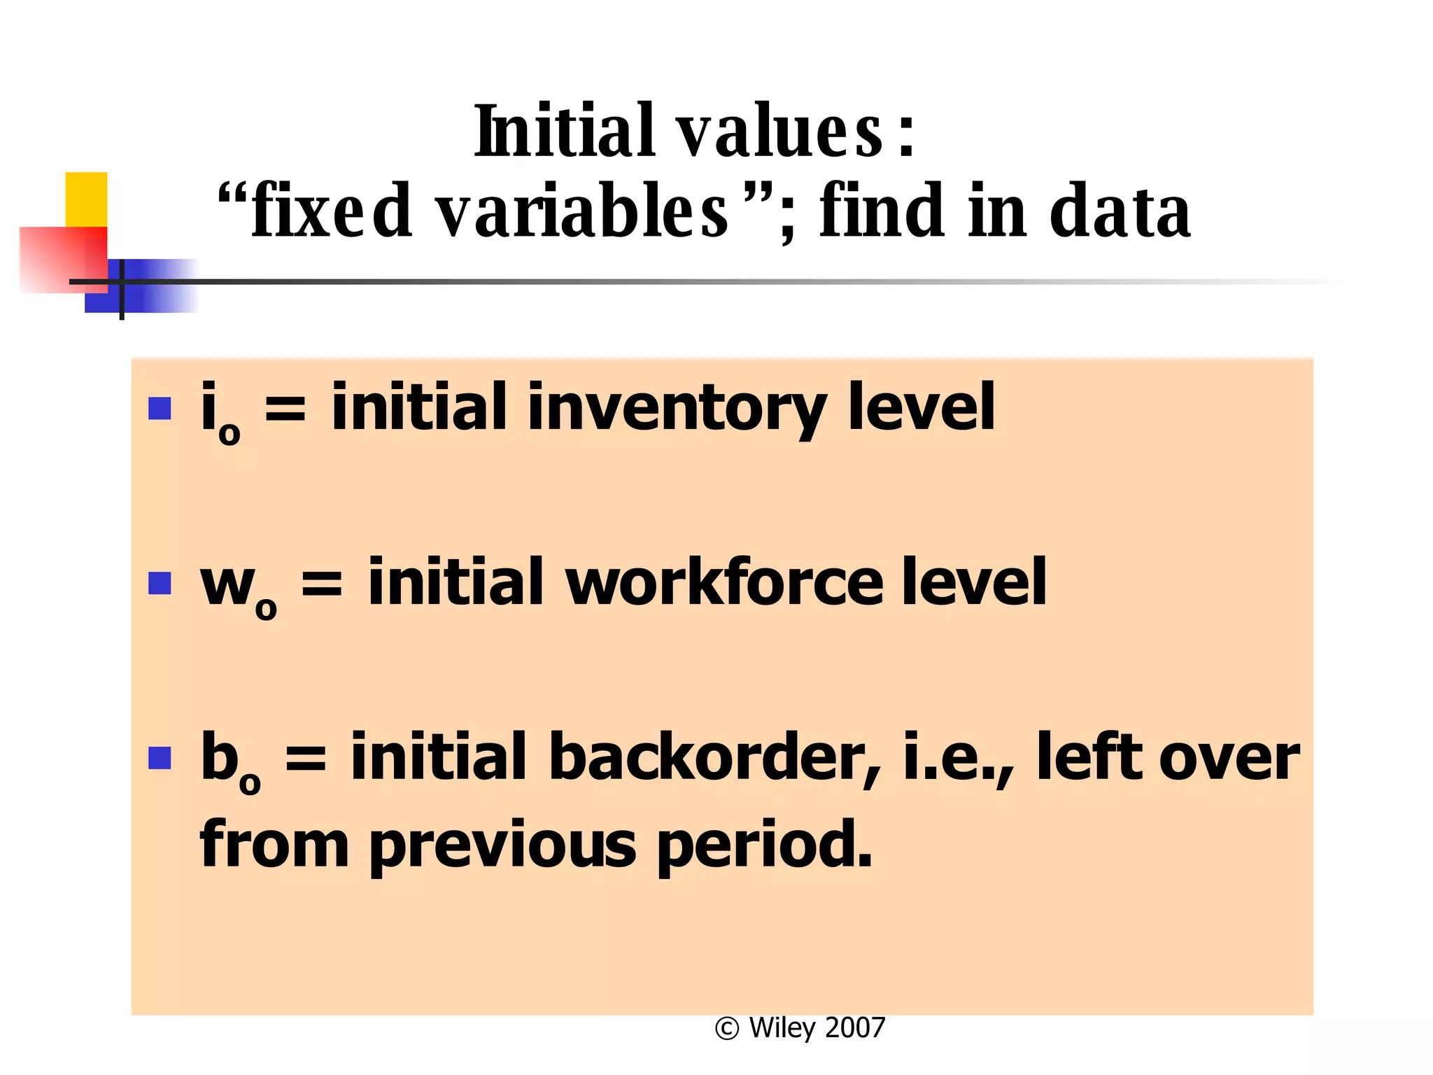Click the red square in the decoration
coord(63,259)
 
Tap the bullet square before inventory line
coord(160,408)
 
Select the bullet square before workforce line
coord(160,583)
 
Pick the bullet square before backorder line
coord(160,757)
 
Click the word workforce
coord(723,583)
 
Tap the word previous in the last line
coord(502,845)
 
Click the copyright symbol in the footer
coord(727,1029)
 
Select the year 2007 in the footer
coord(855,1028)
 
